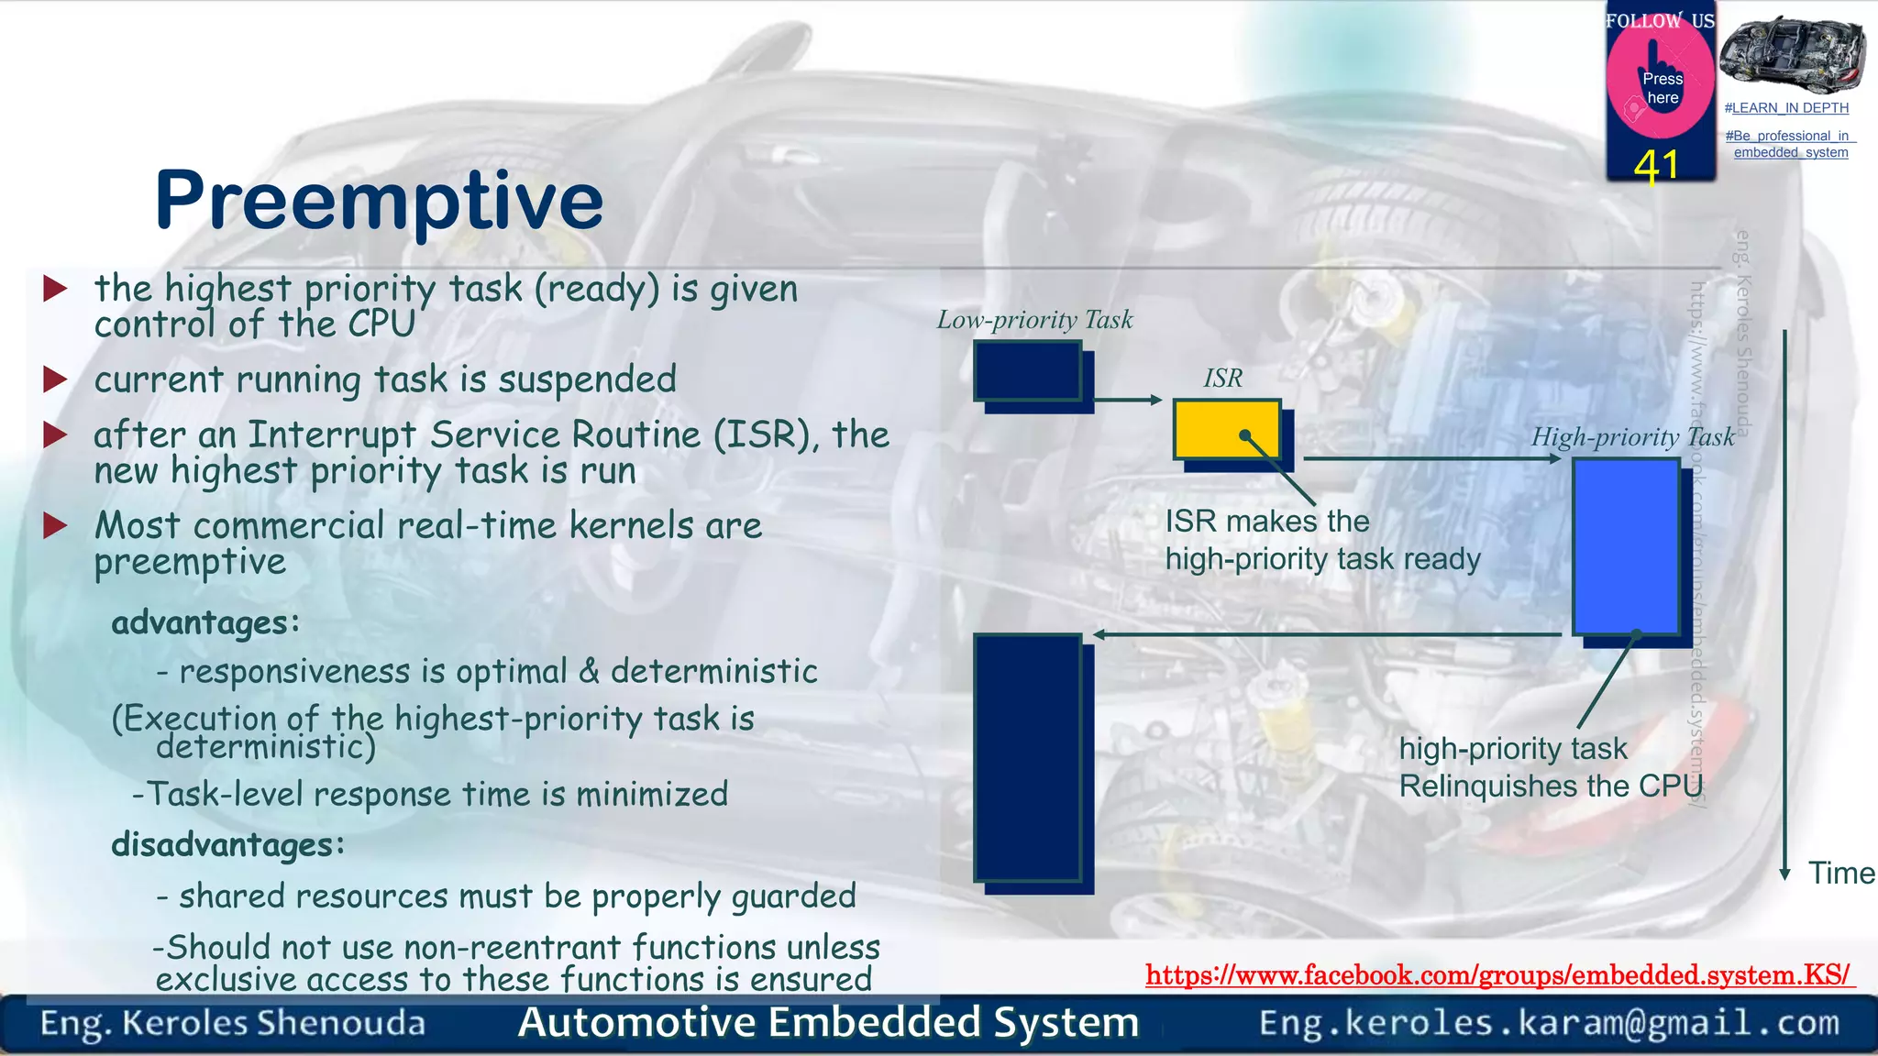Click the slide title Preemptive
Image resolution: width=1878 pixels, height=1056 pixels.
(x=379, y=201)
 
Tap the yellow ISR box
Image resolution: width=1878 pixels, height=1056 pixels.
(x=1226, y=428)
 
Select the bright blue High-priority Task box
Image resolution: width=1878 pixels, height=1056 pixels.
(x=1626, y=546)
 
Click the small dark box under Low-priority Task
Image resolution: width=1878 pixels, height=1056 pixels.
(x=1027, y=370)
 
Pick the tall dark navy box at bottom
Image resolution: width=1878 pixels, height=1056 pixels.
(x=1027, y=757)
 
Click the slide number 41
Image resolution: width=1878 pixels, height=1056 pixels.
(x=1656, y=167)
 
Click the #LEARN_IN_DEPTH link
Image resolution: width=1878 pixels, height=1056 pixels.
(x=1786, y=108)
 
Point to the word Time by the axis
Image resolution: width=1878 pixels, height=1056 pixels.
(x=1840, y=873)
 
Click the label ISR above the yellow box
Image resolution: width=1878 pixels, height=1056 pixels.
(x=1222, y=378)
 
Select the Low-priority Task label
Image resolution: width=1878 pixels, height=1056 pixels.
(x=1034, y=320)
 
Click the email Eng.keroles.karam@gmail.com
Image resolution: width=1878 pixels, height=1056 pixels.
(x=1549, y=1022)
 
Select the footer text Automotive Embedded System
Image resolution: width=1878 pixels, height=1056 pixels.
(x=828, y=1022)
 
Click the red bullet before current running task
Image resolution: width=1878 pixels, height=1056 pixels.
(x=55, y=379)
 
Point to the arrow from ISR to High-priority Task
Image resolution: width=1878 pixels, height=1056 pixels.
(x=1431, y=458)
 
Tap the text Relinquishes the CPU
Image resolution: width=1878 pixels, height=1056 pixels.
(x=1550, y=786)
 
